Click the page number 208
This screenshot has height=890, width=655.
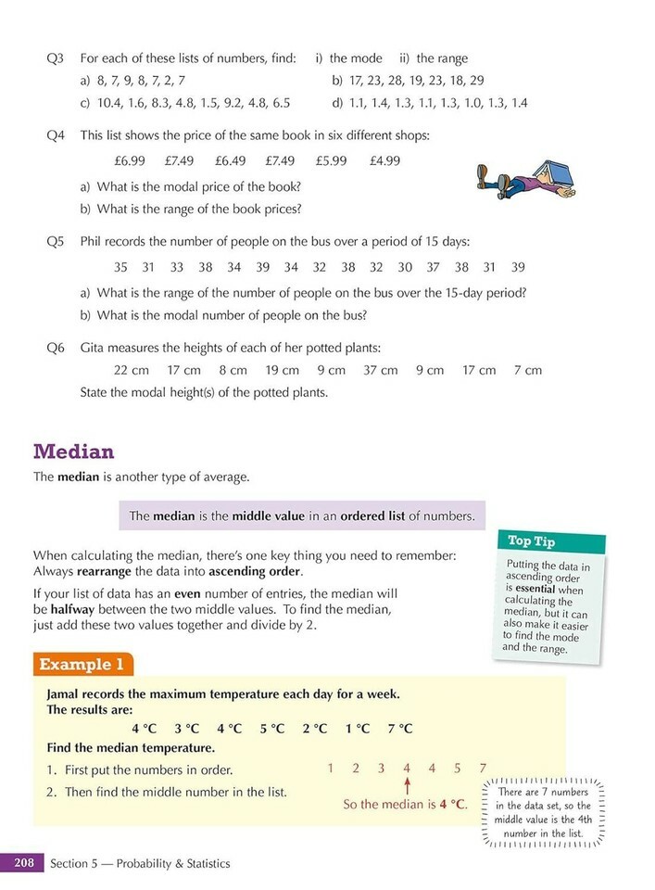click(23, 863)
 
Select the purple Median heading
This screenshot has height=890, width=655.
click(73, 451)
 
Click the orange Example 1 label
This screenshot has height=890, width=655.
click(83, 665)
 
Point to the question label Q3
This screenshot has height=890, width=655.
click(56, 58)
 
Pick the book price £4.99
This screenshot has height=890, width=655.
click(384, 160)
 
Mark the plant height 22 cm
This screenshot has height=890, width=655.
click(132, 370)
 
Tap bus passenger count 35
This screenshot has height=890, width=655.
click(121, 267)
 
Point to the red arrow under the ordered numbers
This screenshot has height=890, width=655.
click(406, 786)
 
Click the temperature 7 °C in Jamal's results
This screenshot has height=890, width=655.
click(400, 728)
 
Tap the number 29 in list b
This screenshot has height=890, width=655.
click(502, 81)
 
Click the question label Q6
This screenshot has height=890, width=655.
click(56, 349)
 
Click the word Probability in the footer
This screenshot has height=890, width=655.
click(169, 863)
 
